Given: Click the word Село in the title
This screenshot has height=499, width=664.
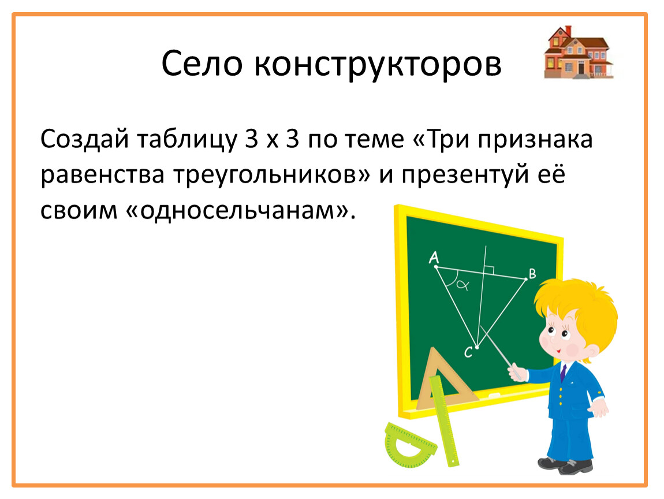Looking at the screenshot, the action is pos(202,64).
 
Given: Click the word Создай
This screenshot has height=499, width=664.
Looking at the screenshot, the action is pos(85,139).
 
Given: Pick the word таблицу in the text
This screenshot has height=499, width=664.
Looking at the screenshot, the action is pos(186,140).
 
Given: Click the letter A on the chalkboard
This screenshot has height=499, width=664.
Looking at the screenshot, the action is pos(434,257).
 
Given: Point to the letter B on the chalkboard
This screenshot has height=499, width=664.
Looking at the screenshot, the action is pos(532,274).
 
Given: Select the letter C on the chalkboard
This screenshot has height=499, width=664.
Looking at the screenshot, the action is pos(468,352).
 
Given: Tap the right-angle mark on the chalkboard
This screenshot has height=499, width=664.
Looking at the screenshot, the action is pos(489,270).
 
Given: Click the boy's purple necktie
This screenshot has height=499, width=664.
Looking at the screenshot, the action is pos(563,373).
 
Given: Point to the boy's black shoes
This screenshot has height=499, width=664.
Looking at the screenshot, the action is pos(565,465).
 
